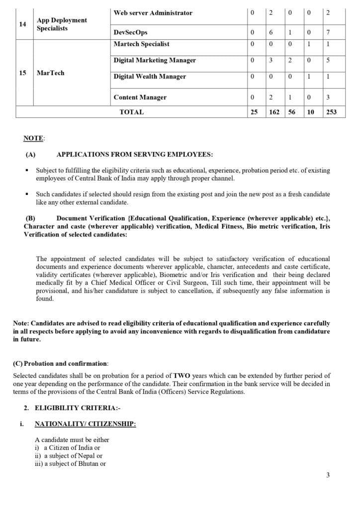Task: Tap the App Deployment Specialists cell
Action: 62,24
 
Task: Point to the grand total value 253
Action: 331,112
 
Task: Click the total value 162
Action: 274,112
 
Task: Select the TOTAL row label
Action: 131,112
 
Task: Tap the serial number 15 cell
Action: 22,73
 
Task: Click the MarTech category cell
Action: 50,73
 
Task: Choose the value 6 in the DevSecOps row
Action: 271,32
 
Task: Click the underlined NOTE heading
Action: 34,137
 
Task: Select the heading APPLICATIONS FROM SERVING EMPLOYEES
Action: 135,155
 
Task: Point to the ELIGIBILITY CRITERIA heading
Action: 77,408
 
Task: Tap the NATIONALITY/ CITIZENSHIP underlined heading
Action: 85,424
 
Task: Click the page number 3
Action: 328,475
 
